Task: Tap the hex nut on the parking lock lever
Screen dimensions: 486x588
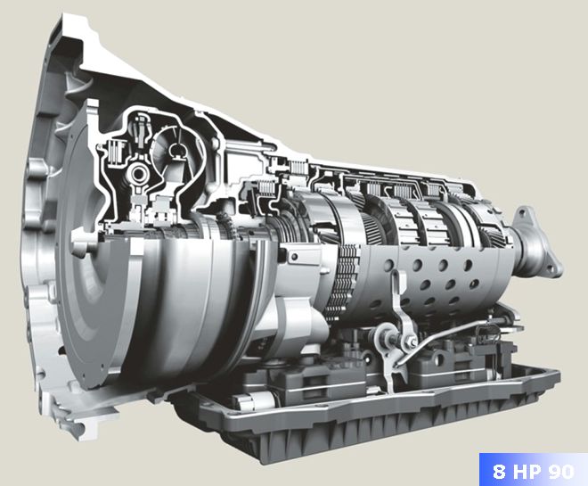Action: coord(384,336)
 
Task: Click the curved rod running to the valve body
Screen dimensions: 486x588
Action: coord(445,331)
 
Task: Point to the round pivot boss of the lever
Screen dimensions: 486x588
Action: coord(384,336)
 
